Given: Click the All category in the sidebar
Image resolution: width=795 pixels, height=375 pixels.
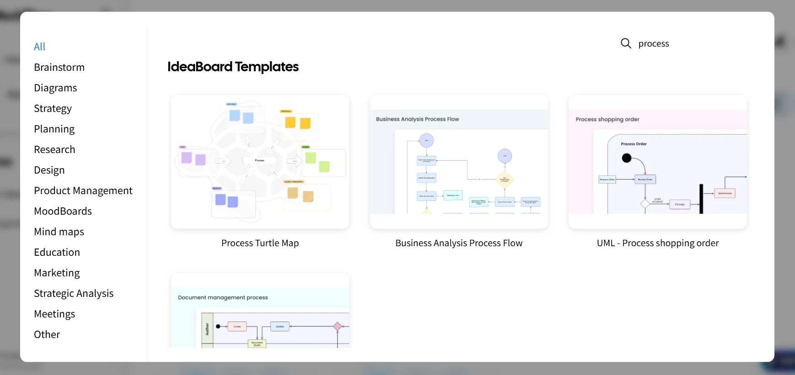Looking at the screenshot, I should point(40,47).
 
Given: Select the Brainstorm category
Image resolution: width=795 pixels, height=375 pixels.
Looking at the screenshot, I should point(59,67).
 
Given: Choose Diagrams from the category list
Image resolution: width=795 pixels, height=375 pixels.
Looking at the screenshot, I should point(55,88).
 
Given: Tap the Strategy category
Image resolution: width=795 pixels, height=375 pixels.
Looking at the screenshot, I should point(53,108).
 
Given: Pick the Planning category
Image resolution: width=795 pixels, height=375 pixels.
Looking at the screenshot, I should point(54,129).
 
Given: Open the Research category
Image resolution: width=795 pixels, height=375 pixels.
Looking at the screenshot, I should point(54,149).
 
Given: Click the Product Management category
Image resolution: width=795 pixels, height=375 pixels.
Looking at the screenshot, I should point(83,190).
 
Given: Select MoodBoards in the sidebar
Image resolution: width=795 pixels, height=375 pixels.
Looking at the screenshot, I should point(63,211).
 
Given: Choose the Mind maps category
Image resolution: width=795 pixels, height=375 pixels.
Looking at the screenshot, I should point(59,232).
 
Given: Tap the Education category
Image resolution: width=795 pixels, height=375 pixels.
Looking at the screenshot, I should point(57,252).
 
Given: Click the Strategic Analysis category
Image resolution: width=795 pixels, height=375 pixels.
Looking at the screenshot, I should point(74,293).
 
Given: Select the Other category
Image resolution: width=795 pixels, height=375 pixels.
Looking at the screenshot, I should point(47,334).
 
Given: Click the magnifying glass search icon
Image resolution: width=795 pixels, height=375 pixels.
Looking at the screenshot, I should point(626,43).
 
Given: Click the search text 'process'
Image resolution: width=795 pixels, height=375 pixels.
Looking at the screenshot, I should point(653,43).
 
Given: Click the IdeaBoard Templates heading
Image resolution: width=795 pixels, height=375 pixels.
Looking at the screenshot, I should point(233,67).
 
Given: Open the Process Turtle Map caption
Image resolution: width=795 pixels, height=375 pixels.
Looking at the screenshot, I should point(260,243).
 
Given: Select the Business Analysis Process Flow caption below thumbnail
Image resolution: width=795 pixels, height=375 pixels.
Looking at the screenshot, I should point(459,243).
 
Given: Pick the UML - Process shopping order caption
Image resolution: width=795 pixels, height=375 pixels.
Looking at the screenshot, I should point(657,243).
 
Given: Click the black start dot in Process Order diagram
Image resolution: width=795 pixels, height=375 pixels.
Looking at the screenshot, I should point(626,158).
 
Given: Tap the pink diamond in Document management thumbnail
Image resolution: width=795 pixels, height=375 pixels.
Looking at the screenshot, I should point(337,326).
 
